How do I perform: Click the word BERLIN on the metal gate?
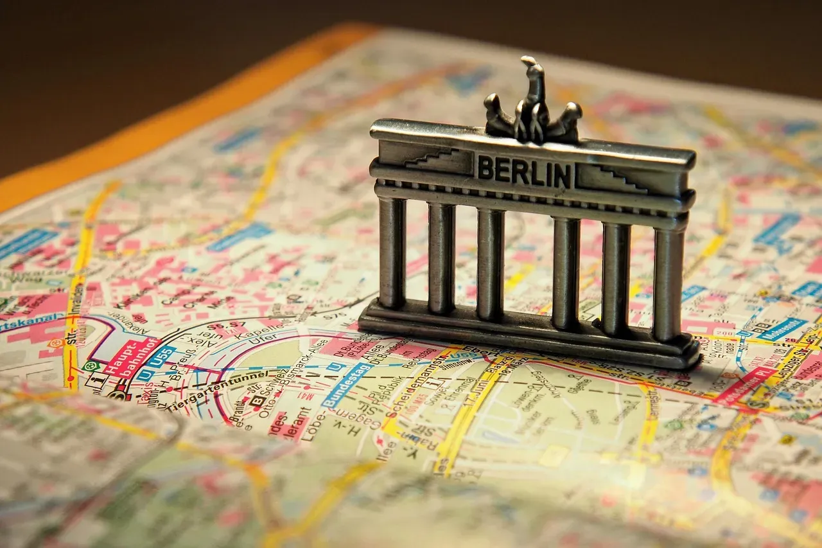click(524, 171)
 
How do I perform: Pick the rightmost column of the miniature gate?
click(669, 283)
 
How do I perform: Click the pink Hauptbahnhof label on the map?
click(131, 355)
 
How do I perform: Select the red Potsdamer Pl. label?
click(745, 385)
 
